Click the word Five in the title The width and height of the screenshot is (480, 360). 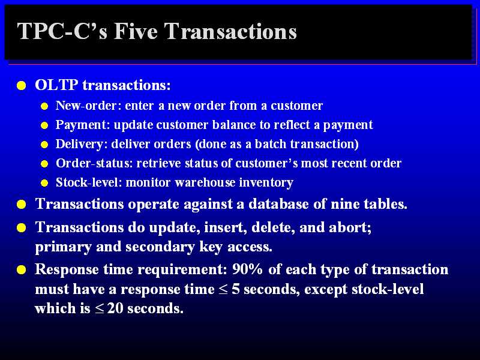tap(136, 31)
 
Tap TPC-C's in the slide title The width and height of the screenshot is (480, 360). tap(62, 31)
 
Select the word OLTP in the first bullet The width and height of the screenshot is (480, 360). tap(56, 85)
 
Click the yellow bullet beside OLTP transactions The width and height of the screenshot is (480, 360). tap(22, 85)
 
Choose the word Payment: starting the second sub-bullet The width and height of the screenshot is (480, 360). tap(83, 125)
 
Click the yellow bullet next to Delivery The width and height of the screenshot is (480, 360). tap(44, 145)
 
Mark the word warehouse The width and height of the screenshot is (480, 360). tap(205, 182)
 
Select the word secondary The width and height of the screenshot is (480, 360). tap(160, 247)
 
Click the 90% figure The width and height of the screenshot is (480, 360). tap(247, 269)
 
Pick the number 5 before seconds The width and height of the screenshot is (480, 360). tap(236, 289)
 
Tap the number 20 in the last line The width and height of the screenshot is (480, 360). tap(115, 308)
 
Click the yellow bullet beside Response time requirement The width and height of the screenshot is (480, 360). tap(22, 270)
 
